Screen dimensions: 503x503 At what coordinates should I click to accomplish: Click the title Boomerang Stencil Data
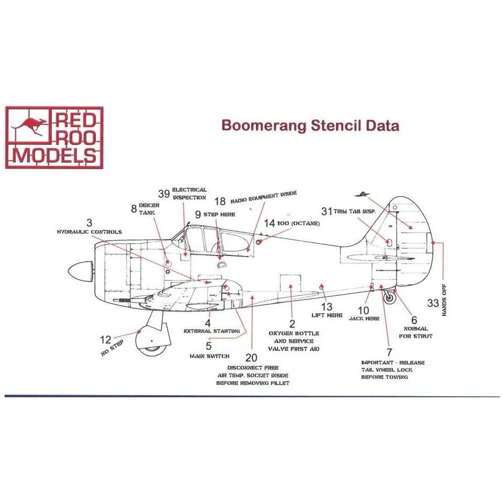tap(310, 126)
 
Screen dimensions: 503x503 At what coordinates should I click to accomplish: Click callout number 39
tap(164, 194)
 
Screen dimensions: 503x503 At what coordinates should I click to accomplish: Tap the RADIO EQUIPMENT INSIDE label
tap(262, 198)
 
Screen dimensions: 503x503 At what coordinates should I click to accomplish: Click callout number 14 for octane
tap(269, 223)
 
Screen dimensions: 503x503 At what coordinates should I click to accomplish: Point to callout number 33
tap(433, 303)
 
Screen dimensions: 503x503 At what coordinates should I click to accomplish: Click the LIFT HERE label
tap(327, 316)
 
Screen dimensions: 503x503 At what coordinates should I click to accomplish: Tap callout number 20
tap(251, 357)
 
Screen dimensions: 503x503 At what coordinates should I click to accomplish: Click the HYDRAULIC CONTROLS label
tap(90, 232)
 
